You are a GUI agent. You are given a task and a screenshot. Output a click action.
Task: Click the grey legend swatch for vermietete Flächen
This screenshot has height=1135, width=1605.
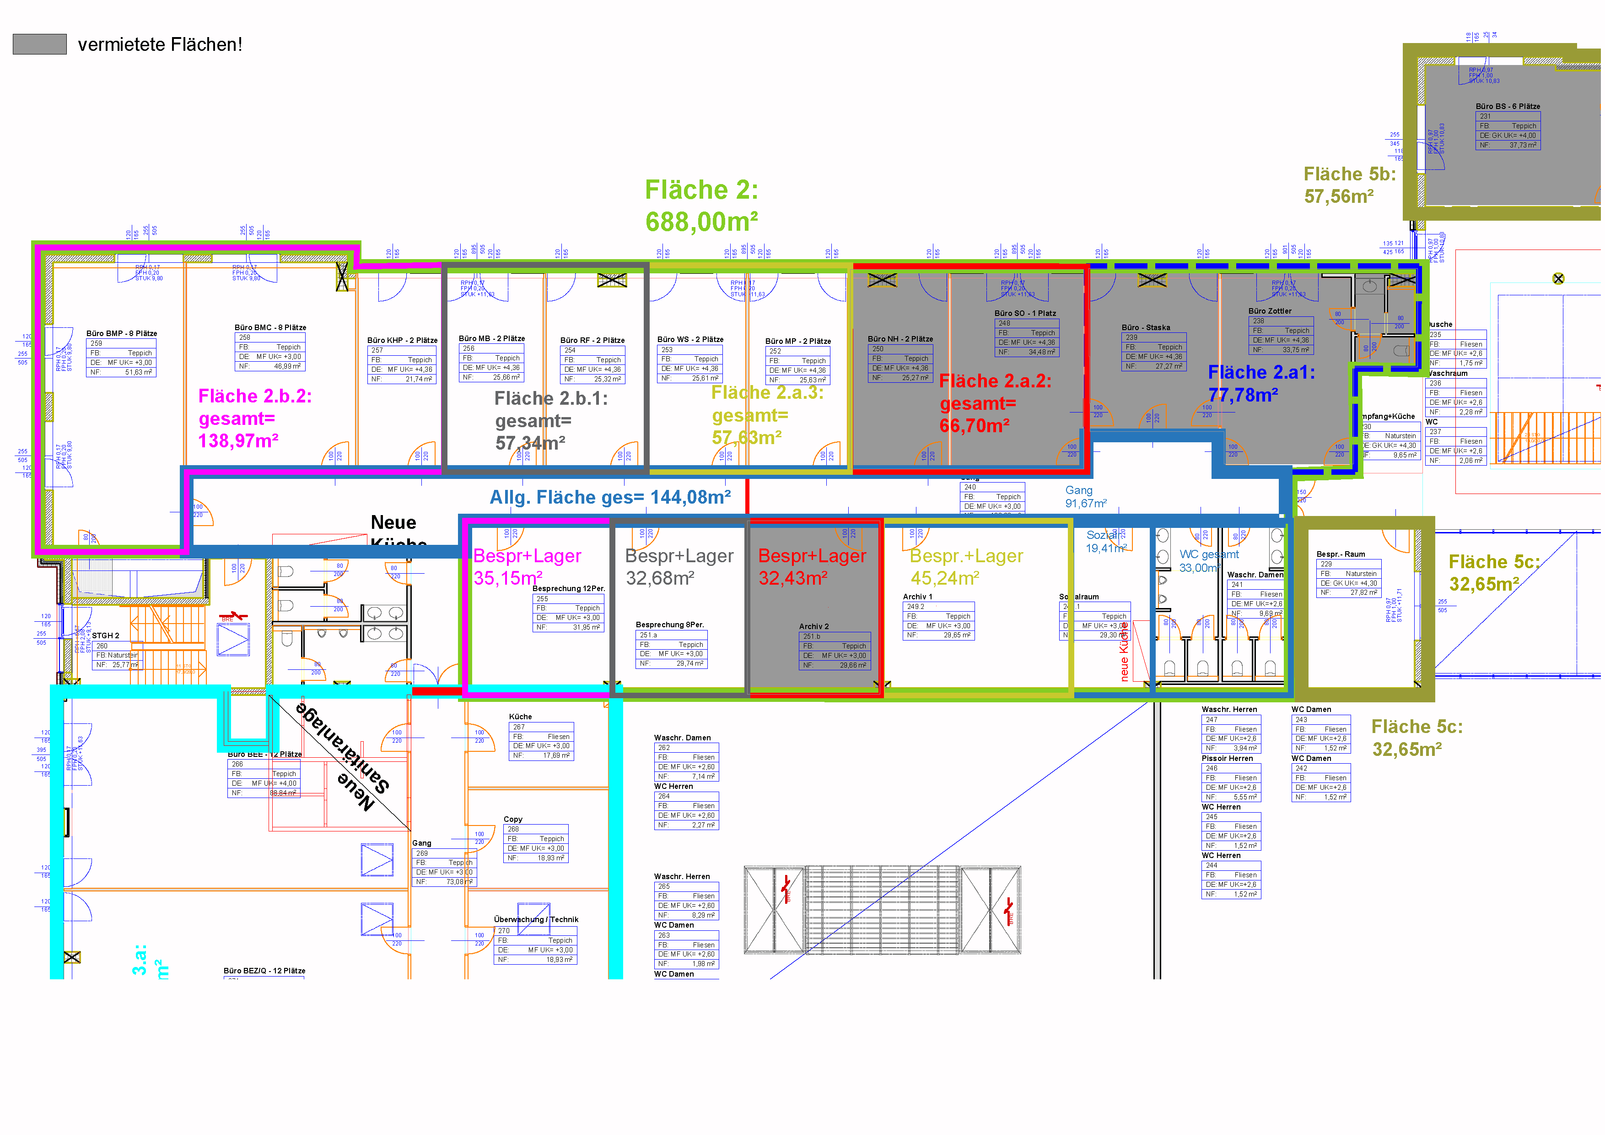tap(40, 44)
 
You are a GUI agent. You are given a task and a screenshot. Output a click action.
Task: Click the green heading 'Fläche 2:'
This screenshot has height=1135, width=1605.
tap(701, 190)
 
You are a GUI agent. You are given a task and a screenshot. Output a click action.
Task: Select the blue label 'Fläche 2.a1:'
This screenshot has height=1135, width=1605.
tap(1261, 373)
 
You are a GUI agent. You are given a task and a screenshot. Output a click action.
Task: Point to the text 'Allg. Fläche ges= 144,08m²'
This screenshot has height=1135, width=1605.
tap(610, 497)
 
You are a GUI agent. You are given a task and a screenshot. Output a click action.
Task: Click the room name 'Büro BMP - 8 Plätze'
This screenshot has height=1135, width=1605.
tap(122, 334)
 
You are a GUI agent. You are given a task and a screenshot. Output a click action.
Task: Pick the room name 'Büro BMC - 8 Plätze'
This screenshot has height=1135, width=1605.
tap(270, 327)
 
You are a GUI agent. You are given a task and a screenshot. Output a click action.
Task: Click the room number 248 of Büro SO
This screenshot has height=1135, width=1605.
tap(1005, 323)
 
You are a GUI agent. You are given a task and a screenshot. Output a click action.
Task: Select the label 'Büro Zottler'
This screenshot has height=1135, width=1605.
tap(1270, 311)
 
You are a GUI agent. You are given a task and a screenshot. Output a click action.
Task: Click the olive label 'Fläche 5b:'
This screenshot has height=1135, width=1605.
tap(1349, 174)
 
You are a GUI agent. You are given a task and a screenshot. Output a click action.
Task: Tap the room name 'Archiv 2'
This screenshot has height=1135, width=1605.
tap(813, 627)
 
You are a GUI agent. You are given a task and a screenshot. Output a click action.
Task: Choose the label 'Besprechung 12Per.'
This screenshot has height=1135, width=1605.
tap(568, 589)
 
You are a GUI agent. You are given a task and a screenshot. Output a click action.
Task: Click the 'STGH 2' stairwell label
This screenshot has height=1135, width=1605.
tap(106, 635)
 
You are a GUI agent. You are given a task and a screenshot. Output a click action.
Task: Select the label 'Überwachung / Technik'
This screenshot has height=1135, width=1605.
tap(536, 920)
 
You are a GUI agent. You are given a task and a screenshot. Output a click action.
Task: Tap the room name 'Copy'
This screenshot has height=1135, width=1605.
tap(513, 819)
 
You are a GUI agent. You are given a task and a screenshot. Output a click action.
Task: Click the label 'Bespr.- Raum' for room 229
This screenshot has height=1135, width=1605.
tap(1341, 554)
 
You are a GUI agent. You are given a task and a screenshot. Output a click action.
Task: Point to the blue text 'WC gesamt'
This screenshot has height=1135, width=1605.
tap(1209, 554)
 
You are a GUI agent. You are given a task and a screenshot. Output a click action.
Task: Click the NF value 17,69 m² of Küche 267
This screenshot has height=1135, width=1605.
tap(556, 755)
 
